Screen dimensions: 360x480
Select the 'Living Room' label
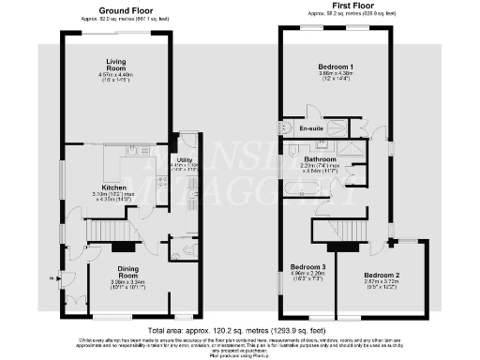click(114, 64)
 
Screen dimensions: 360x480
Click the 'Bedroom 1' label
click(336, 67)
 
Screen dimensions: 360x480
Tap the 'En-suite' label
click(311, 127)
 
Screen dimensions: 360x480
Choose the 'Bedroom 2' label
click(382, 275)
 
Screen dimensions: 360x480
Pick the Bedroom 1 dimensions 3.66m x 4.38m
click(336, 74)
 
